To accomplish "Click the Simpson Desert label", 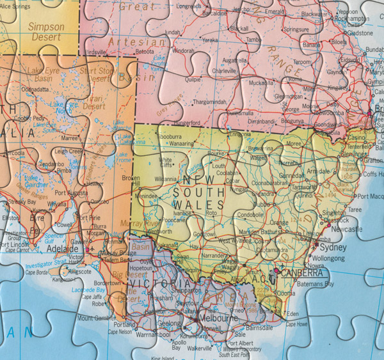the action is (x=46, y=32).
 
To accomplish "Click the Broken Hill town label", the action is (x=131, y=182).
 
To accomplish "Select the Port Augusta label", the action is (x=70, y=192).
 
